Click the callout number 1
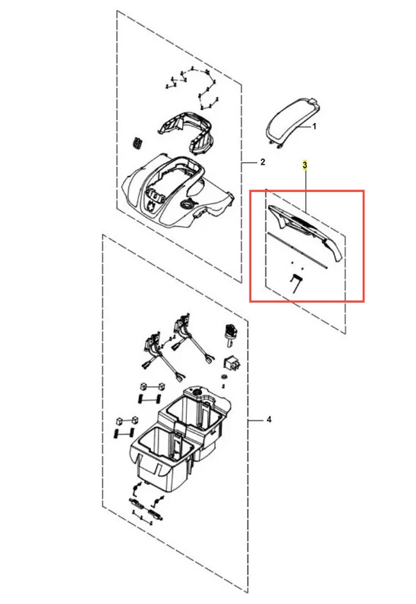click(314, 126)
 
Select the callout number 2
click(263, 162)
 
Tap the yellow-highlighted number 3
click(305, 165)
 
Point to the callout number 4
click(269, 420)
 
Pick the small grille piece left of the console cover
click(137, 142)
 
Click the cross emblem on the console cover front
click(153, 206)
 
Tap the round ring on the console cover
click(188, 204)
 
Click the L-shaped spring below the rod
click(296, 283)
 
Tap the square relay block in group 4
click(232, 363)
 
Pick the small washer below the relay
click(224, 376)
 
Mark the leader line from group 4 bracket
click(254, 420)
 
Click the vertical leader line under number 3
click(306, 190)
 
